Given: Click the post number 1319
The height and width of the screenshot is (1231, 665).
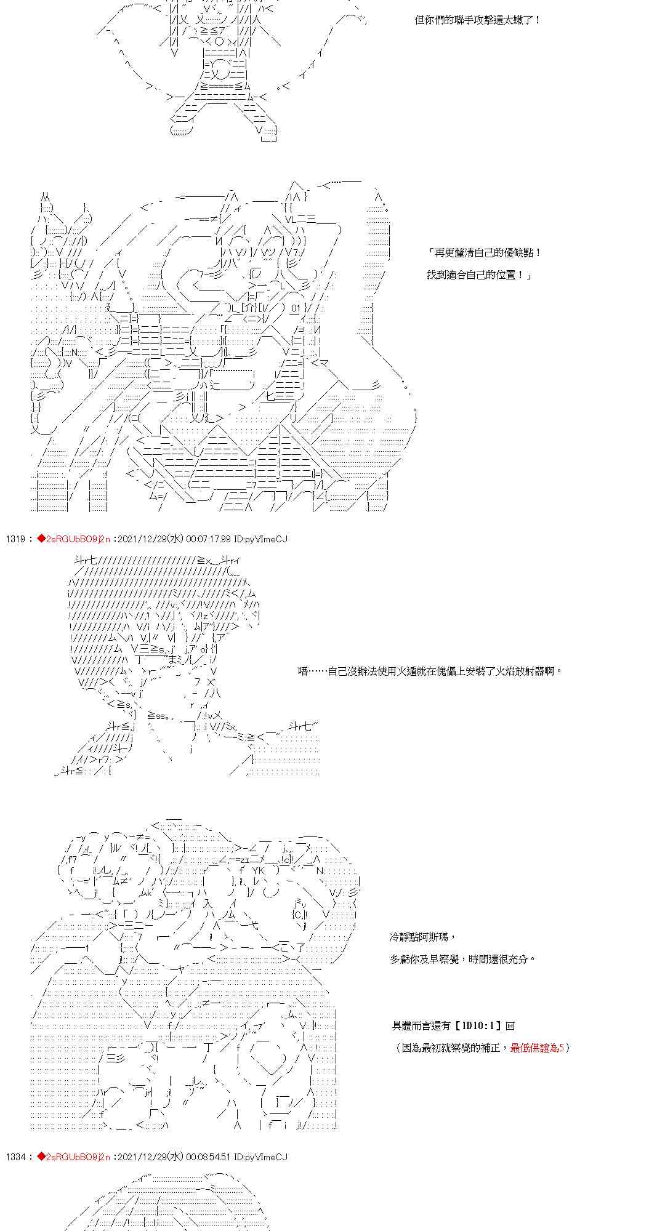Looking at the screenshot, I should tap(15, 539).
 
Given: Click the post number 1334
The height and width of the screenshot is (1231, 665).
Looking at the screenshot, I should tap(15, 1157).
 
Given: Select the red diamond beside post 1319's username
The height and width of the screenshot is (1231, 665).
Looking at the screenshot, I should tap(41, 539).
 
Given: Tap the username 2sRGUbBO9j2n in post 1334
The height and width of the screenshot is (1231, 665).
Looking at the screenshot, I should tap(78, 1157).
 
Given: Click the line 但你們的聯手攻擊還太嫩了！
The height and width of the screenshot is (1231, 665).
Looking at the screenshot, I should tap(478, 20).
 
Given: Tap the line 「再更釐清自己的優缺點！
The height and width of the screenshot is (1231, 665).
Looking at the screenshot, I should tap(485, 253).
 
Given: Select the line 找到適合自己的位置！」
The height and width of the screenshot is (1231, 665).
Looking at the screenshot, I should tap(478, 275).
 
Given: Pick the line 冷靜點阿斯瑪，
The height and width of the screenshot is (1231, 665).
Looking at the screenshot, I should tap(422, 937).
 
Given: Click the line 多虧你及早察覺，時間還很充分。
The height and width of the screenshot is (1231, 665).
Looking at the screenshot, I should tap(462, 959).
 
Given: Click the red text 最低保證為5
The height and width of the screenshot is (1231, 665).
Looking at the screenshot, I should tap(537, 1048).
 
